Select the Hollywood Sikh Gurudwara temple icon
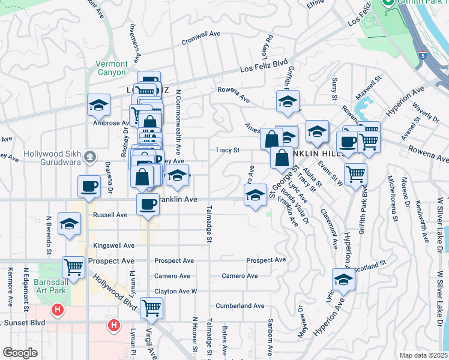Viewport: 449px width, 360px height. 91,157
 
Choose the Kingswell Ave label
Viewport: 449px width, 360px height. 114,245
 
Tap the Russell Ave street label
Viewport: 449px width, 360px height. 110,214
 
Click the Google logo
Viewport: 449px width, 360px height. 20,352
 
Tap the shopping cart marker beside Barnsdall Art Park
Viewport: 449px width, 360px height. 74,267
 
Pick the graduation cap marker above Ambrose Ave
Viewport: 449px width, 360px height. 98,106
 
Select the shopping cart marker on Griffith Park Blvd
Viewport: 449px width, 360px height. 356,174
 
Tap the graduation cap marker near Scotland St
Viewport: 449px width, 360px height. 343,280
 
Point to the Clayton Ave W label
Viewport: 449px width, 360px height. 176,291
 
